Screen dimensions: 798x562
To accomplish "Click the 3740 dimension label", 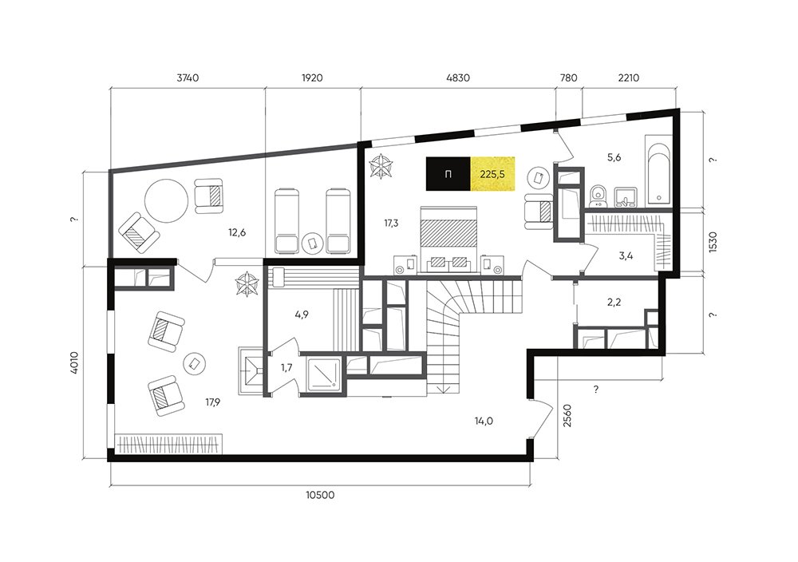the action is (188, 78).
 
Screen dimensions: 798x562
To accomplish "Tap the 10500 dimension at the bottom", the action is (320, 494).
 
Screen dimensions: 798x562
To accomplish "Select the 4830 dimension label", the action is (457, 78).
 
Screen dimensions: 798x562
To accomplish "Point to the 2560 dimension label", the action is (568, 415).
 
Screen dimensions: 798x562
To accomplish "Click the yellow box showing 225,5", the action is (492, 173).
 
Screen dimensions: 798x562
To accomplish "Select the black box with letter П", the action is (448, 173).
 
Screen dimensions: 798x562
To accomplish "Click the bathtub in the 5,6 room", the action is (658, 171).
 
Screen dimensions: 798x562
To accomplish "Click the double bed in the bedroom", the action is (448, 239).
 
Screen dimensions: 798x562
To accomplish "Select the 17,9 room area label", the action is (213, 402).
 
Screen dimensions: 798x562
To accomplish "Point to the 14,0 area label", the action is (484, 421).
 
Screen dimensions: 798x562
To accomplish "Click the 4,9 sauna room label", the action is (302, 315).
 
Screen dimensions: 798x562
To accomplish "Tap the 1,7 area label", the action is (286, 367).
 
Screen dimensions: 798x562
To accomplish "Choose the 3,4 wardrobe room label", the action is (626, 255).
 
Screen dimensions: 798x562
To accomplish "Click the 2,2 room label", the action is (614, 303).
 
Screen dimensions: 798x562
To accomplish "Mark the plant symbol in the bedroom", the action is (381, 167).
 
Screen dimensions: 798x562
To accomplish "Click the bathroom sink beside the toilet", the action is (625, 196).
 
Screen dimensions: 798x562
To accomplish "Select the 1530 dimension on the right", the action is (713, 243).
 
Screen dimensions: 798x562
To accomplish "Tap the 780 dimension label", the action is (568, 78).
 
